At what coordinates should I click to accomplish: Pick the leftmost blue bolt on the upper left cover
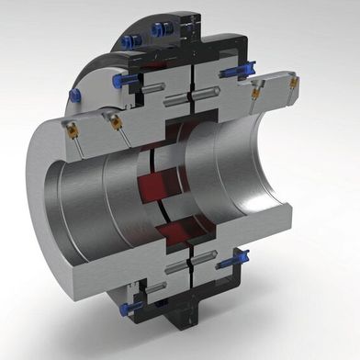click(x=118, y=83)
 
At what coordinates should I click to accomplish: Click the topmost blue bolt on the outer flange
click(x=136, y=36)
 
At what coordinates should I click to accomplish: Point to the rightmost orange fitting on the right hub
click(x=294, y=83)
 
